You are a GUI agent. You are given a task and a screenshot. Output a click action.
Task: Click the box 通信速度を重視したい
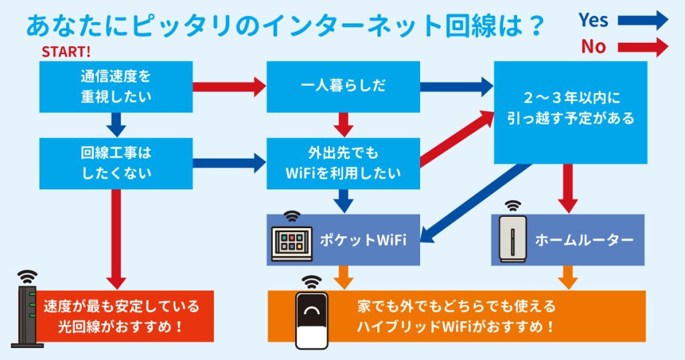tap(116, 86)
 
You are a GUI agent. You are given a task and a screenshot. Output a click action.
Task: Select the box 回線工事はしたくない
tap(116, 163)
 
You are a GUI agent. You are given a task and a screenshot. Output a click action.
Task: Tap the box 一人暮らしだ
tap(343, 86)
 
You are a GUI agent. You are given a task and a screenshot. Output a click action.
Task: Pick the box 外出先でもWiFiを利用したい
tap(343, 163)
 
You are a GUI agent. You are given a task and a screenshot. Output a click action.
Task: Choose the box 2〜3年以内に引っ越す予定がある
tap(571, 112)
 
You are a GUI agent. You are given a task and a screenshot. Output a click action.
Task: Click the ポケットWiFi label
tap(362, 240)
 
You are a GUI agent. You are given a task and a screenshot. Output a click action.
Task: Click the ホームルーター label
tap(584, 240)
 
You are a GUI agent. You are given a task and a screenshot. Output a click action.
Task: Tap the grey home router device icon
tap(513, 238)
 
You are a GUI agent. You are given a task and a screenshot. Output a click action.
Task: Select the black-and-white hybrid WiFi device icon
tap(312, 320)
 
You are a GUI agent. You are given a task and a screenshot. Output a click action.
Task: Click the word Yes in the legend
tap(593, 20)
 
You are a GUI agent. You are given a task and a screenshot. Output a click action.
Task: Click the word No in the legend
tap(593, 46)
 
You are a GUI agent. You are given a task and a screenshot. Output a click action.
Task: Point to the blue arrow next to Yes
tap(642, 20)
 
